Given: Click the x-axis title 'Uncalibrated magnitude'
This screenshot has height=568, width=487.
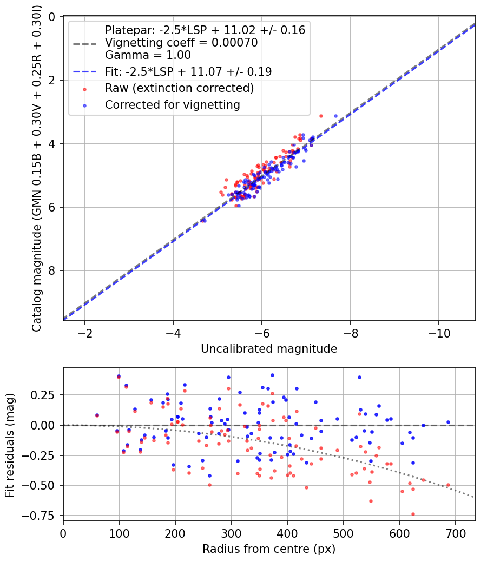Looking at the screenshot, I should [269, 349].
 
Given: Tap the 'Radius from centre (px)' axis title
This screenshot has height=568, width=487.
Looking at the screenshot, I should [269, 549].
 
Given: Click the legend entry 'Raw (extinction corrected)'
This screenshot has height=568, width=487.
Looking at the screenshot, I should [180, 88].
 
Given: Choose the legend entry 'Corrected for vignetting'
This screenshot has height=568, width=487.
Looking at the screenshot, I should [173, 105].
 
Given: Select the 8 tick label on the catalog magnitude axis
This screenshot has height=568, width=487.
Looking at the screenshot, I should [52, 271].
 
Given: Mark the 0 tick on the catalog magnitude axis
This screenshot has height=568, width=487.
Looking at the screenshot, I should [52, 17].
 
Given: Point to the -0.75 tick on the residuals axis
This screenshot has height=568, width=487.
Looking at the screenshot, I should [43, 515].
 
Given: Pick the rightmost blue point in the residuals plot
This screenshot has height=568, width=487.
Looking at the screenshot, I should [448, 422].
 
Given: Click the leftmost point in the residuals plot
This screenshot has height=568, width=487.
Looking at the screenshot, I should [97, 415].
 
